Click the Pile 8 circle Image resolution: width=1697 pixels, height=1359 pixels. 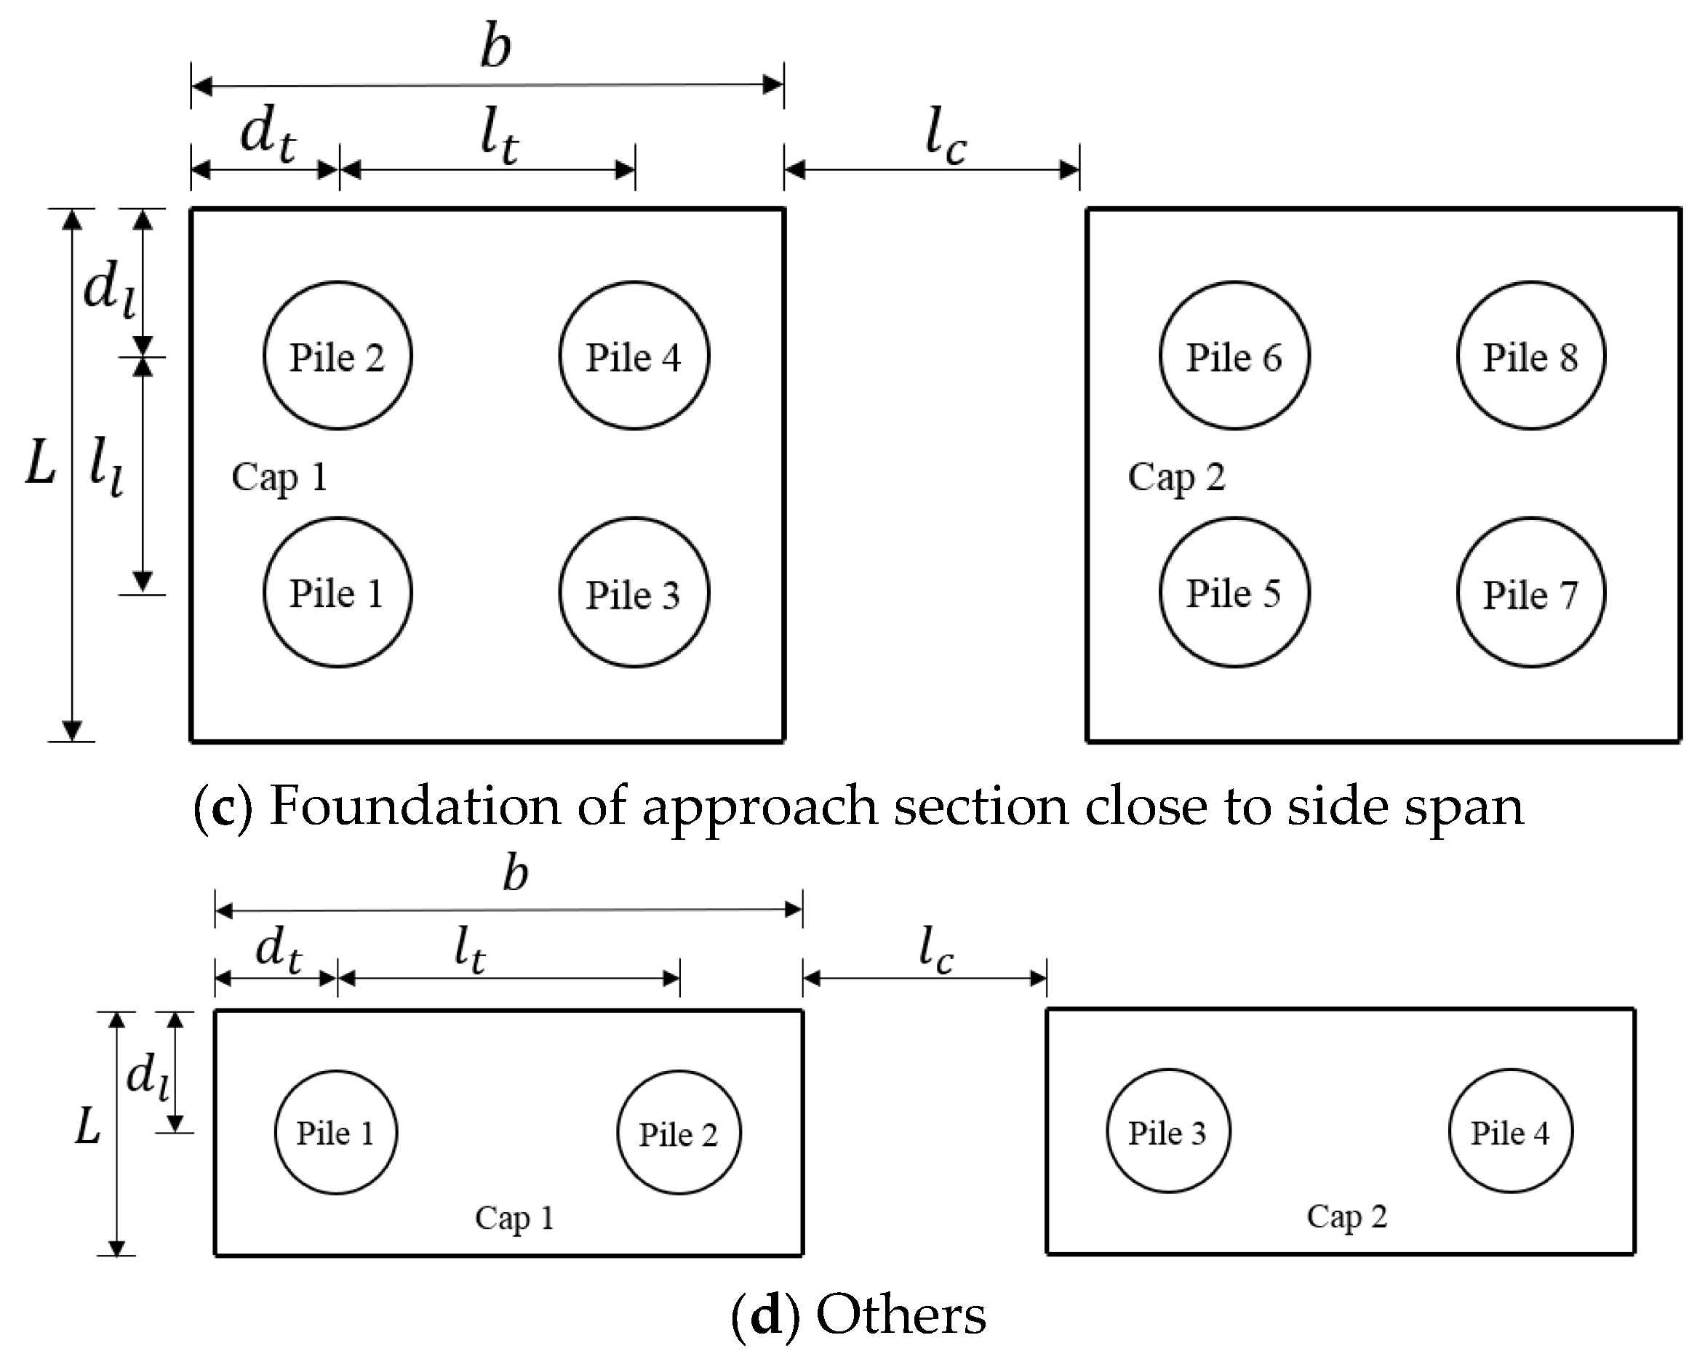pos(1530,356)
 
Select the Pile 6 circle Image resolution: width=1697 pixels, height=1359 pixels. pos(1234,356)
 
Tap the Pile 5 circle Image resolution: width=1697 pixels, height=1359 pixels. pos(1234,593)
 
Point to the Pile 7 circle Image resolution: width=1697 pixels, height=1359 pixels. pos(1530,593)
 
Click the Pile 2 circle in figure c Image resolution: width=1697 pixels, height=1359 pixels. pos(337,356)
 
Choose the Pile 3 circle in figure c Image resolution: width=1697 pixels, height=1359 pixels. pos(633,593)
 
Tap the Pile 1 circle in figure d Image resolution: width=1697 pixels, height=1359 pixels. pos(335,1132)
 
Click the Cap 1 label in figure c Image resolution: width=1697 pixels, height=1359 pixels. pos(279,477)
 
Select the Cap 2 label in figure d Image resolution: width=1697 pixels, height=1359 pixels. pos(1346,1216)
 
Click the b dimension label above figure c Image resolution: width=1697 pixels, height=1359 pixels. pos(496,47)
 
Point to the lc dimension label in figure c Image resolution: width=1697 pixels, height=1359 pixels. pos(945,135)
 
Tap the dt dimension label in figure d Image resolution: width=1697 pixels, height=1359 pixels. pos(278,948)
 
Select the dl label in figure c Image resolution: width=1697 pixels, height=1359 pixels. pos(108,287)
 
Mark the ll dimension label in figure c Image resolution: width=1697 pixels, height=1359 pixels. pos(106,466)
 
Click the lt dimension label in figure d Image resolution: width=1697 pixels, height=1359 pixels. pos(470,948)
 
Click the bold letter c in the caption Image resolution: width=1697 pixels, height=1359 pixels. pos(223,807)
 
